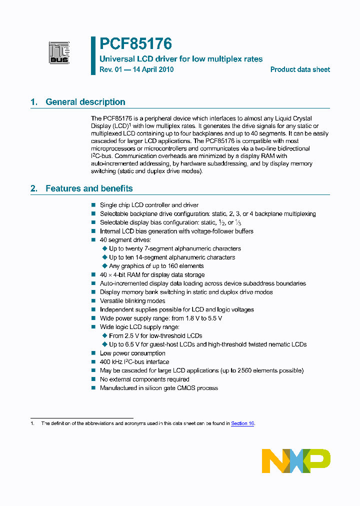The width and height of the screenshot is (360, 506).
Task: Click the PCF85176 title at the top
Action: point(135,44)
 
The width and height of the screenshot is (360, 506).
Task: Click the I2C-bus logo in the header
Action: point(58,53)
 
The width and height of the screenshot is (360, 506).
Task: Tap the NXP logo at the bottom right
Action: point(296,460)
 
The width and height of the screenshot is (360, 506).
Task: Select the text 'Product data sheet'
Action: point(300,69)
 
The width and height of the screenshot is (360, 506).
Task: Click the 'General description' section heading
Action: point(85,102)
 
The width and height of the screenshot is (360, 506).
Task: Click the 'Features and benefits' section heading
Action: point(89,188)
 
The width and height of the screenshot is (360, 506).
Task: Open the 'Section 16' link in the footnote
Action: point(242,423)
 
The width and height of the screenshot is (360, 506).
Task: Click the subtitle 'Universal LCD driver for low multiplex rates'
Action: point(181,59)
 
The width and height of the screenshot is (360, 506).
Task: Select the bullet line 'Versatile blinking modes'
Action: point(132,301)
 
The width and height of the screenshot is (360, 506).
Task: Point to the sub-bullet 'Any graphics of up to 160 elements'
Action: point(156,266)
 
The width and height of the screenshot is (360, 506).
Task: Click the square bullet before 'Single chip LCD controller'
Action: point(93,205)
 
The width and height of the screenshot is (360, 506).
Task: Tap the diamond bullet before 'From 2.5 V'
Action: point(104,336)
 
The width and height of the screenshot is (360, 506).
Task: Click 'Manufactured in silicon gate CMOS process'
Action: point(158,388)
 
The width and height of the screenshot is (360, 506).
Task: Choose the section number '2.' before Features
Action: point(34,188)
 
